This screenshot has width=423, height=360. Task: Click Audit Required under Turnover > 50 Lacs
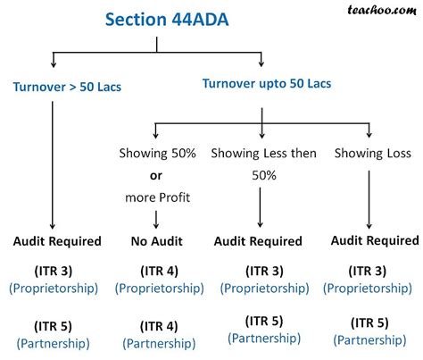tap(56, 241)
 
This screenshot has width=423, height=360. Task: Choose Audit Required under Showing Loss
tap(374, 240)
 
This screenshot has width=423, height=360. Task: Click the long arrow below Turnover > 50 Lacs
tap(55, 161)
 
